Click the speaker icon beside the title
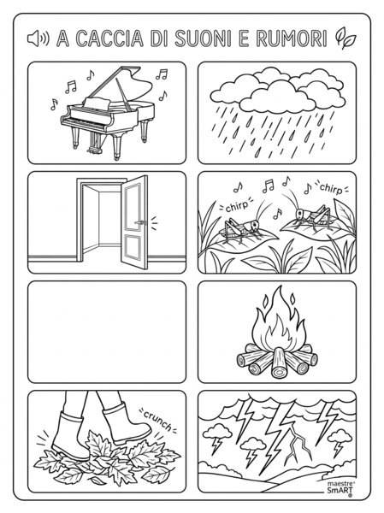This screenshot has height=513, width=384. point(38,38)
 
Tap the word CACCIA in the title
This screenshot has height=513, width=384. point(109,38)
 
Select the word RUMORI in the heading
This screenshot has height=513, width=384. point(291,38)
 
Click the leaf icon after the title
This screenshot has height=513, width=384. point(345,38)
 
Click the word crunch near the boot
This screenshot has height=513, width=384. point(157,420)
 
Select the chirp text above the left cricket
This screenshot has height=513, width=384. point(238,206)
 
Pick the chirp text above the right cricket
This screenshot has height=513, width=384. point(331,189)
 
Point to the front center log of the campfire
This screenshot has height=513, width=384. point(279,363)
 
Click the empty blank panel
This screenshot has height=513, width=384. point(107,332)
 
